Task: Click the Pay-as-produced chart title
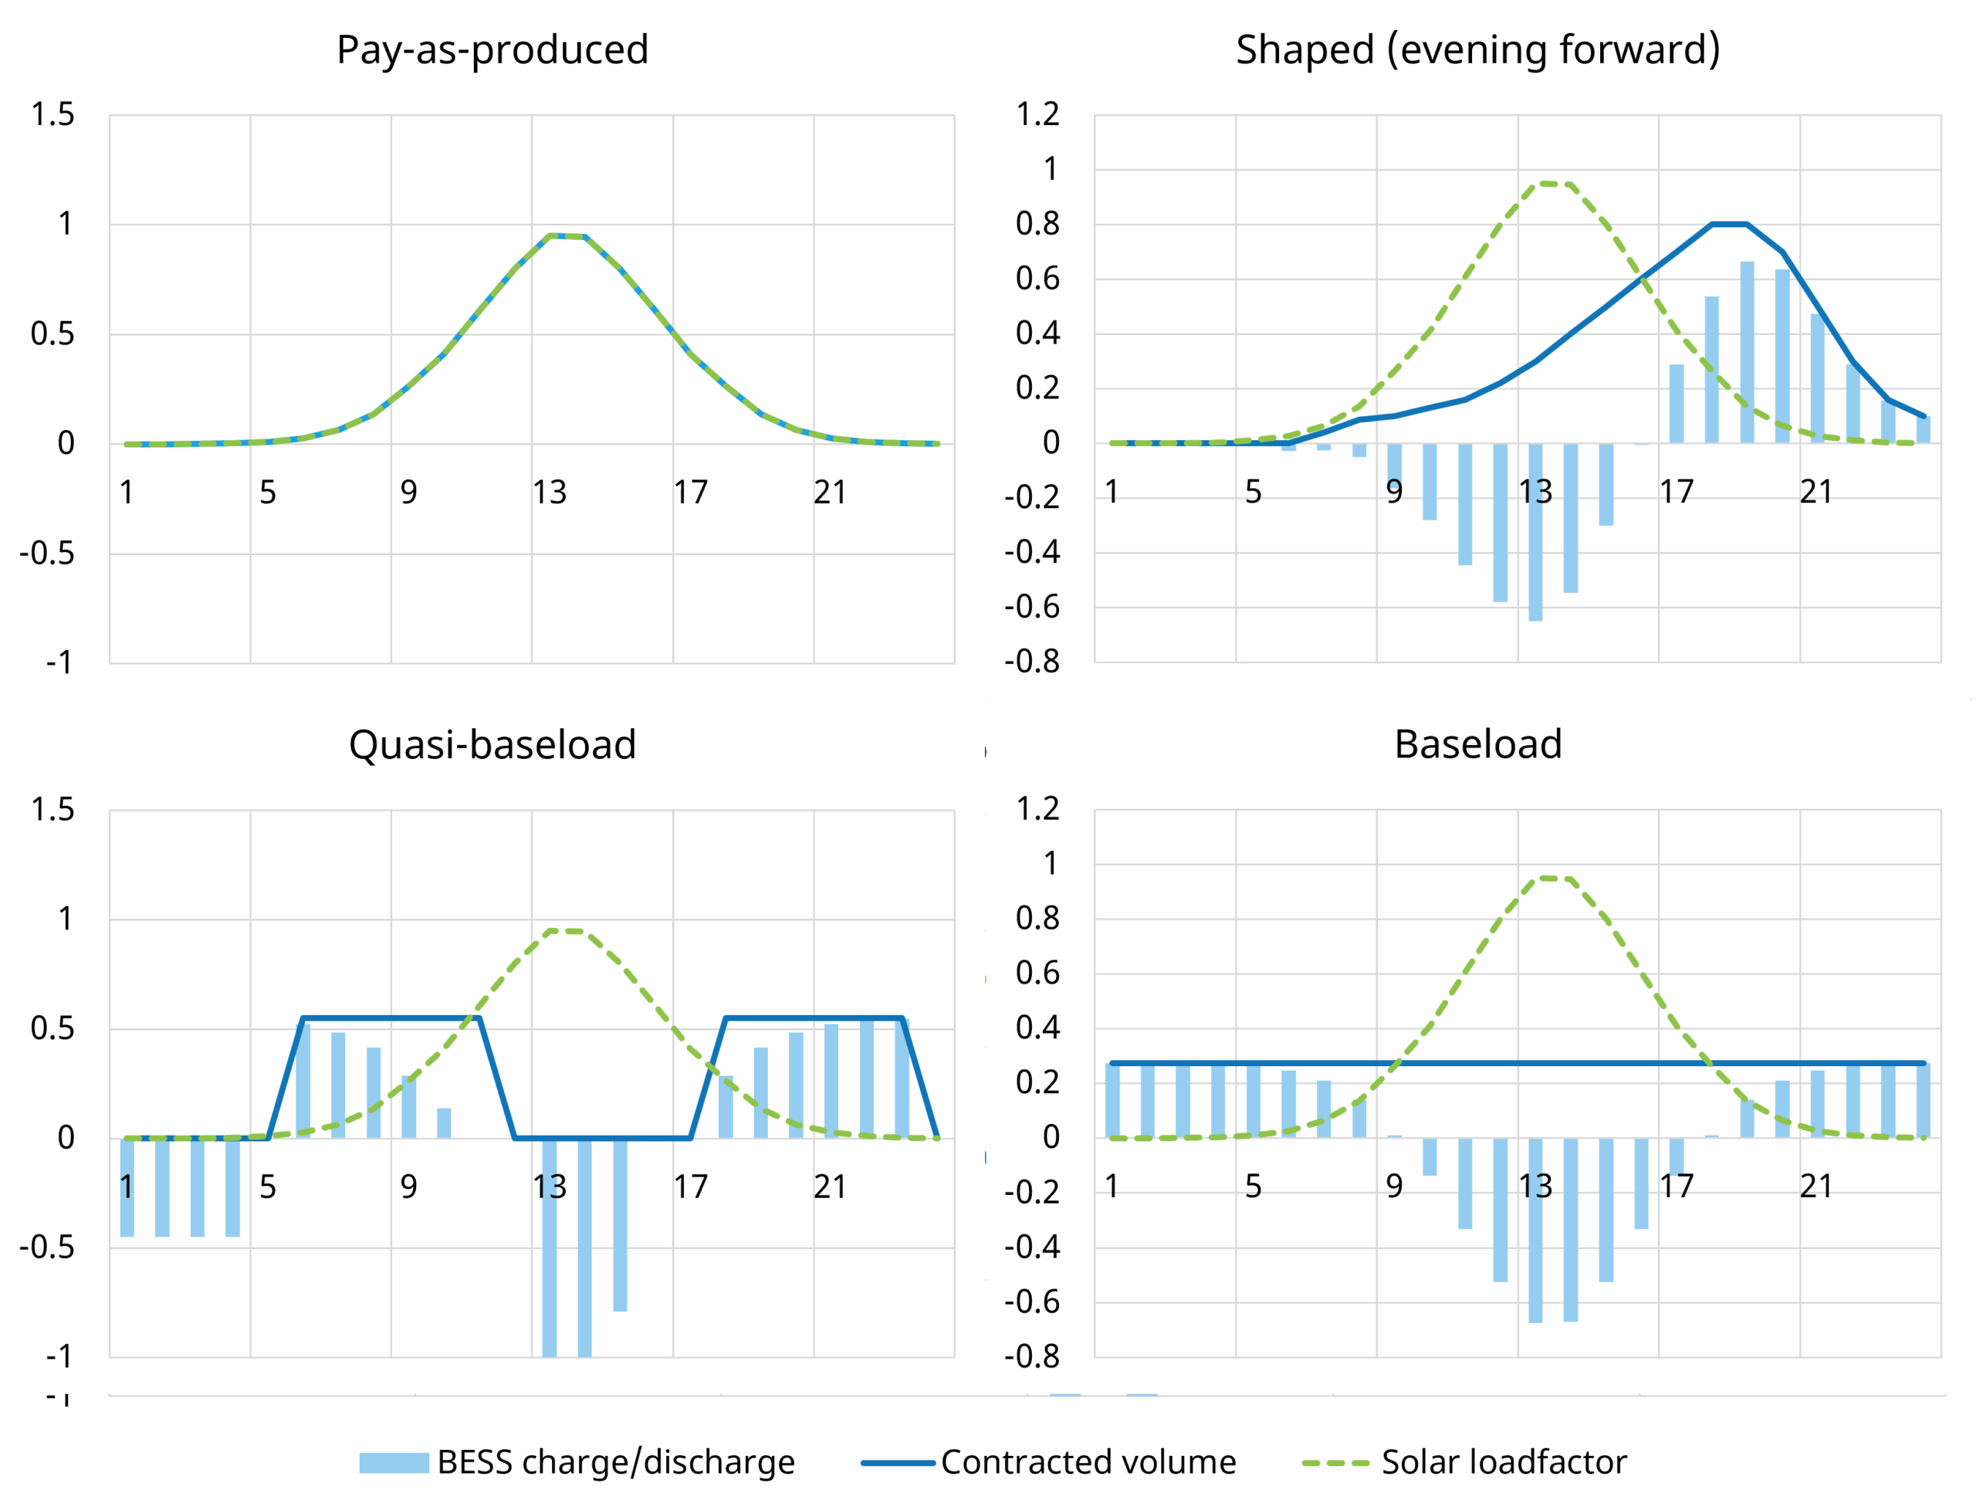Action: [x=492, y=49]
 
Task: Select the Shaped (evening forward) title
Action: [x=1477, y=49]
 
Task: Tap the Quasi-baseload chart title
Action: [x=492, y=744]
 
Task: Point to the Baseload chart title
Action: [x=1477, y=744]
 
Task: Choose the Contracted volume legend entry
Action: [x=1049, y=1462]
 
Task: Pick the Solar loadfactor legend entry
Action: [x=1465, y=1462]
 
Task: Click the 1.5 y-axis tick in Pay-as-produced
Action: [x=53, y=115]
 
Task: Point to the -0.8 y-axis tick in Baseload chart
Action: [x=1031, y=1356]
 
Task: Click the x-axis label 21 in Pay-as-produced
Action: [x=831, y=493]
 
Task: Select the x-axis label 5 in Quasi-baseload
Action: [x=268, y=1187]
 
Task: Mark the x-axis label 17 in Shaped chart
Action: [x=1676, y=492]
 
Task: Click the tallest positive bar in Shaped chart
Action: [x=1747, y=352]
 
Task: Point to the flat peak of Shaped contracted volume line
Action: [x=1729, y=224]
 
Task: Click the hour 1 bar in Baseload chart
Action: [x=1112, y=1101]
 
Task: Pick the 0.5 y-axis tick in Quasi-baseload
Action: [x=53, y=1028]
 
